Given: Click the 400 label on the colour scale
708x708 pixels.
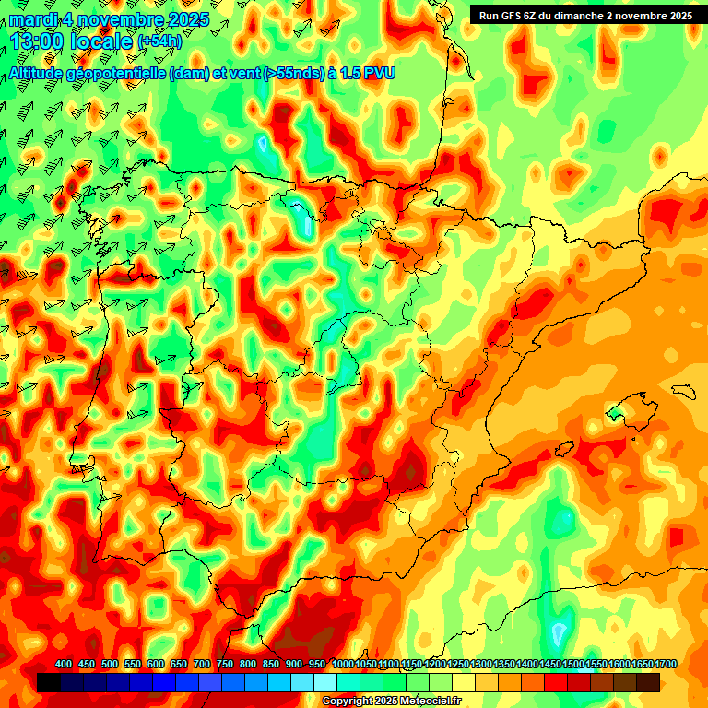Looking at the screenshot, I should (x=64, y=665).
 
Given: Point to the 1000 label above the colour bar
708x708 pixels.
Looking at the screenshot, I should (x=343, y=665).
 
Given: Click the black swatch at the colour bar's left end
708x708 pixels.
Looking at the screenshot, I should (x=49, y=682).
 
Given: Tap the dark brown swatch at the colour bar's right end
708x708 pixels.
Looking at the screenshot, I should (x=648, y=682).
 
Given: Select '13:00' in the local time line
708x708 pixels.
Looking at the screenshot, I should (x=38, y=41).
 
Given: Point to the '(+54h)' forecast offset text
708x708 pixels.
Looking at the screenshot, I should (x=159, y=41).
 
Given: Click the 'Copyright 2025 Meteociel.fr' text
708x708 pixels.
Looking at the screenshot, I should (x=392, y=702).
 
